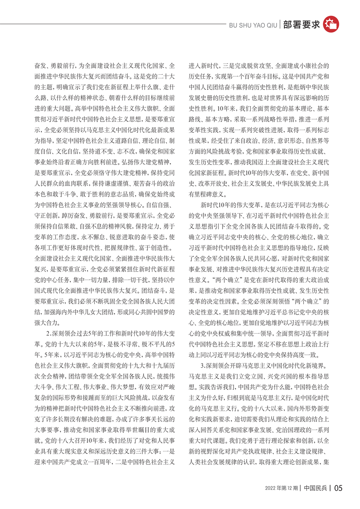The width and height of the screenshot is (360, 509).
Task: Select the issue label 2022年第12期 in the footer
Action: (x=282, y=489)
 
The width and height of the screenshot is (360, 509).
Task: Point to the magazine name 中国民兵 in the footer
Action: (x=315, y=489)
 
